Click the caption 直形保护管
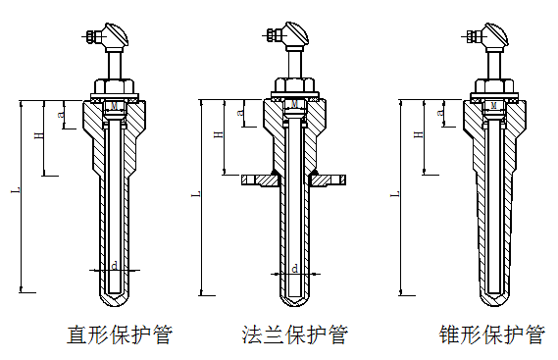point(120,334)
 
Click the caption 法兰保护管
point(294,334)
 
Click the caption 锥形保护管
point(492,334)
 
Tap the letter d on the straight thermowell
point(114,266)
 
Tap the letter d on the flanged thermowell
point(294,269)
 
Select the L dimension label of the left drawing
point(16,191)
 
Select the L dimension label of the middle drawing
point(196,194)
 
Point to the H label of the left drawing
point(39,135)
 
